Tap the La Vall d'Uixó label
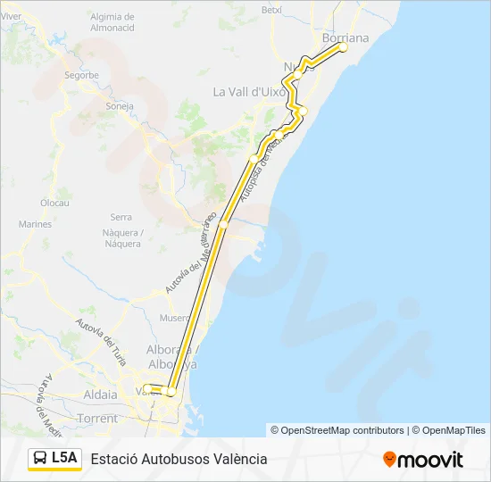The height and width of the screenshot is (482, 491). (249, 91)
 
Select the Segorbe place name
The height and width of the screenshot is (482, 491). (81, 76)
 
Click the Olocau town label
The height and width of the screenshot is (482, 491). (55, 203)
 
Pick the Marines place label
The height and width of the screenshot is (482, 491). (36, 224)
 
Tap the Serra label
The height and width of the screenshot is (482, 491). (121, 217)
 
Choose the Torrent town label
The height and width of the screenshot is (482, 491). (96, 418)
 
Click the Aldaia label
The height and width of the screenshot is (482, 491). (99, 394)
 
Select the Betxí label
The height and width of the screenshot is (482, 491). (271, 9)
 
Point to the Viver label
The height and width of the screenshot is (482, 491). (11, 16)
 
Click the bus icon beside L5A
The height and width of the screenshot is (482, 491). (40, 459)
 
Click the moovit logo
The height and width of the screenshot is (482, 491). (423, 460)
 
